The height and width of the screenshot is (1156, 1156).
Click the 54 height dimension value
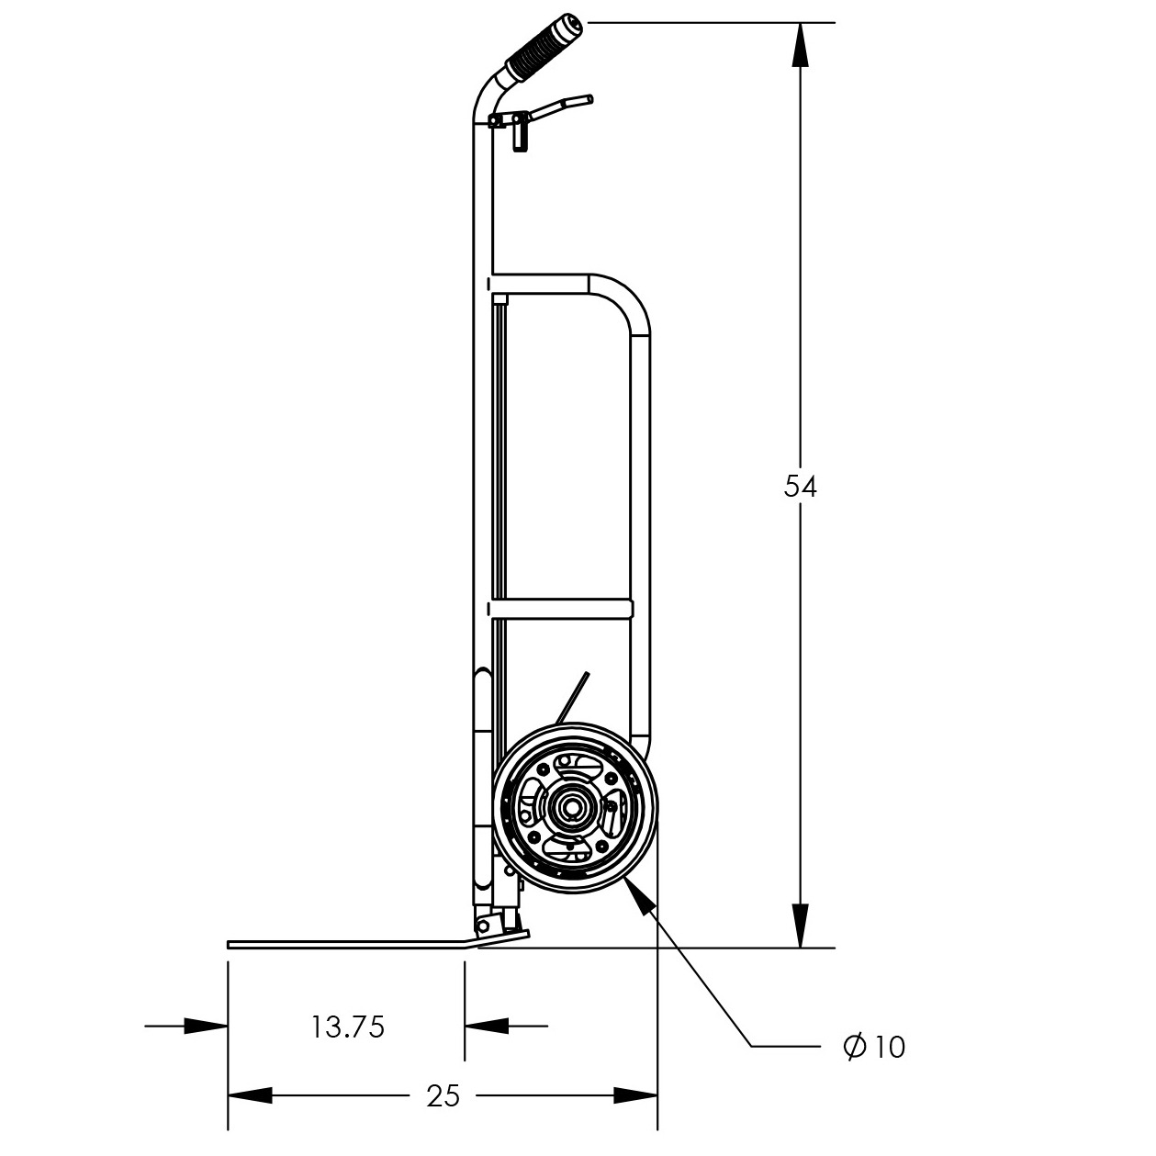click(800, 487)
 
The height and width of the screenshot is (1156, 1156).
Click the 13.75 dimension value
click(347, 1027)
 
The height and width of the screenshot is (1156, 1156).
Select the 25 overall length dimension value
click(443, 1095)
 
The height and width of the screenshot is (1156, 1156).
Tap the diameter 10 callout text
click(875, 1046)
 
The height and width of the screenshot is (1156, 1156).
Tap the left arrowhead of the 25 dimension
click(250, 1095)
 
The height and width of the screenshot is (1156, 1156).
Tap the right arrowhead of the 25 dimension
click(635, 1095)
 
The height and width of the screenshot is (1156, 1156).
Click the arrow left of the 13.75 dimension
click(206, 1026)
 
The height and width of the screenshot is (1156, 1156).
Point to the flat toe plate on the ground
click(349, 943)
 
